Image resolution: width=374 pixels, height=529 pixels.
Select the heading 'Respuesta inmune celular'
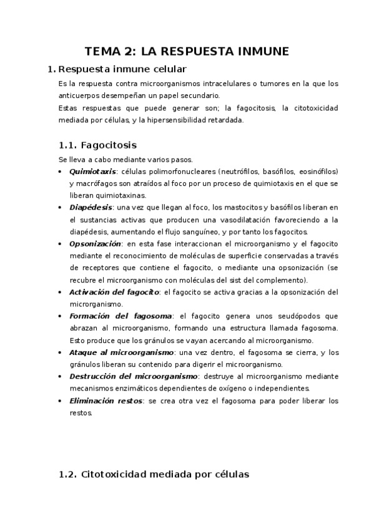[x=122, y=69]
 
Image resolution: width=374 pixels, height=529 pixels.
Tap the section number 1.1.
[x=67, y=145]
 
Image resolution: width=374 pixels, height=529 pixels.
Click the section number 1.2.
[x=67, y=474]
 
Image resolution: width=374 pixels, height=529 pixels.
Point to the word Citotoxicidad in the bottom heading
[x=114, y=474]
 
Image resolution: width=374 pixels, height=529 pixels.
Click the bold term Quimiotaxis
[x=92, y=171]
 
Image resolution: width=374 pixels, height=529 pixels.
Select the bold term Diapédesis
[x=91, y=207]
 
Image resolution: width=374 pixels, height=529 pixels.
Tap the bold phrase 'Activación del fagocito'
[x=115, y=291]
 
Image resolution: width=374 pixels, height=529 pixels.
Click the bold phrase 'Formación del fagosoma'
[x=118, y=316]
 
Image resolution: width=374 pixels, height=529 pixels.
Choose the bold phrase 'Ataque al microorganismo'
[x=121, y=352]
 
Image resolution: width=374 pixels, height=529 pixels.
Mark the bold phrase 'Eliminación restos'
[x=106, y=400]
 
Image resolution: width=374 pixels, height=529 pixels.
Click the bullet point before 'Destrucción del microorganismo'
[x=59, y=376]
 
